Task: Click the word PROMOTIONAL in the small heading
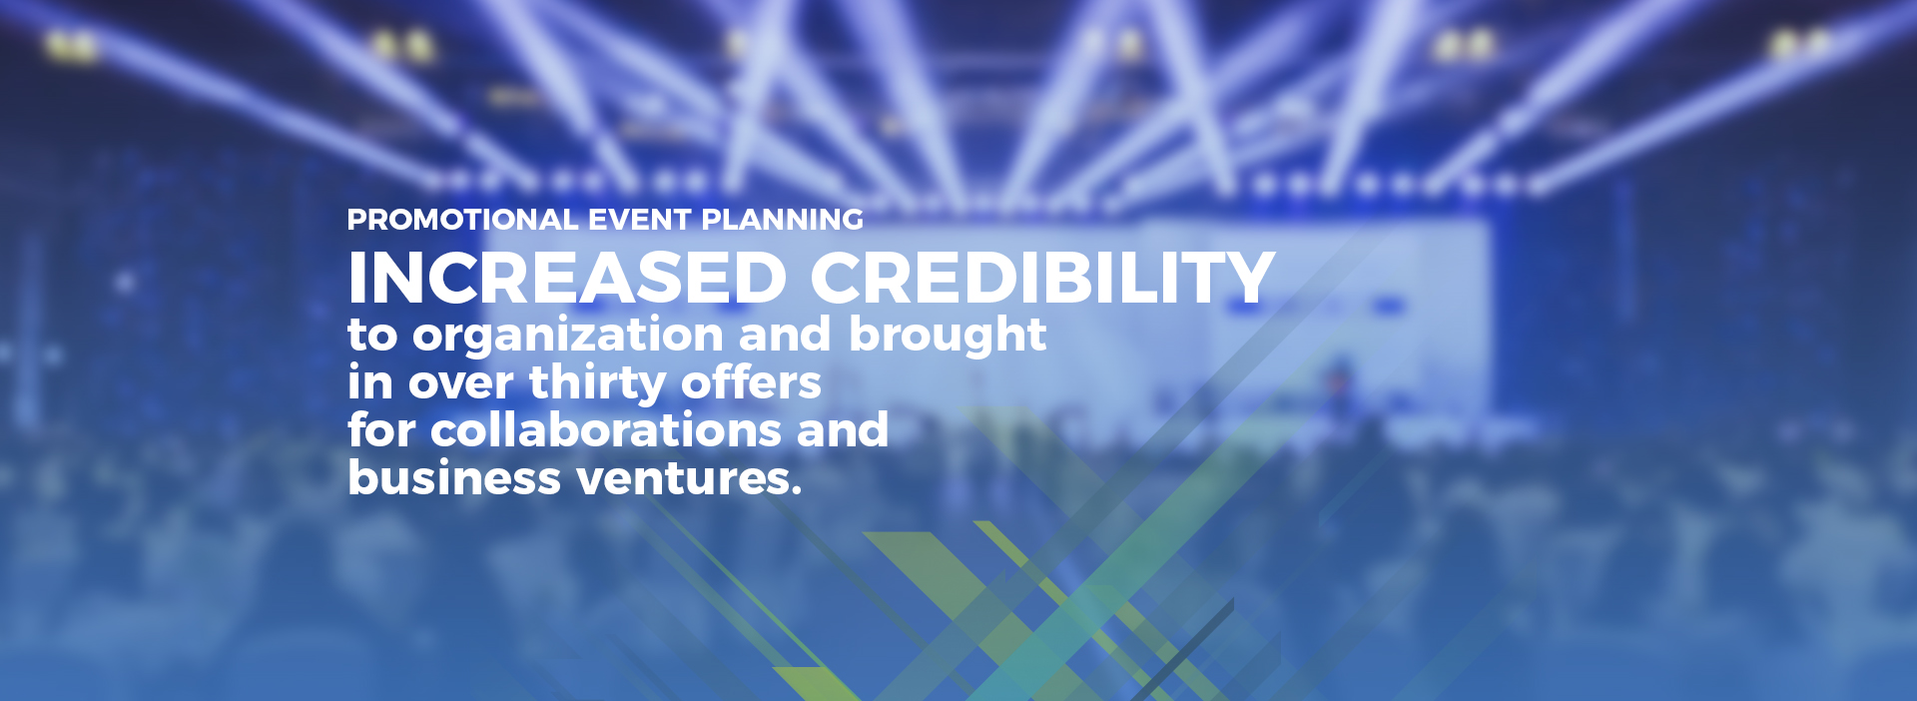pos(462,220)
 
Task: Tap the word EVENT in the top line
pos(640,220)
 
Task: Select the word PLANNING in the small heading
pos(783,220)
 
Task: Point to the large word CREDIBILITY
pos(1042,278)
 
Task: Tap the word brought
pos(948,337)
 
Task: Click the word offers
pos(751,382)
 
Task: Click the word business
pos(454,478)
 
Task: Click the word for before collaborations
pos(381,430)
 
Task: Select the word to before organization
pos(372,337)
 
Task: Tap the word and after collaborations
pos(843,430)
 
